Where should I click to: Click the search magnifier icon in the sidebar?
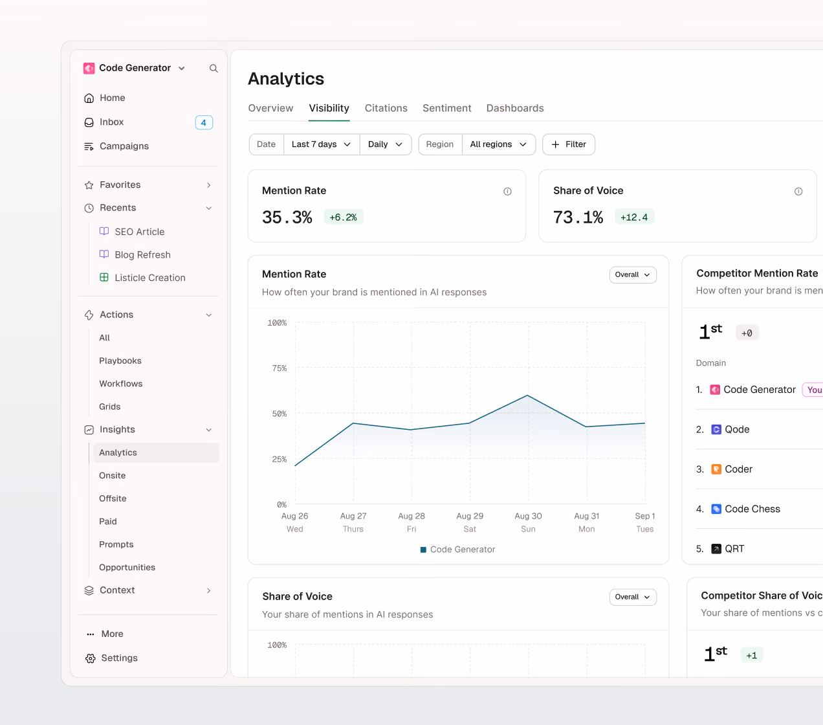pyautogui.click(x=214, y=68)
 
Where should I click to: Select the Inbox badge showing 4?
pyautogui.click(x=204, y=122)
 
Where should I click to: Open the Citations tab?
pyautogui.click(x=386, y=108)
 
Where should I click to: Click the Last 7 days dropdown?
pyautogui.click(x=321, y=144)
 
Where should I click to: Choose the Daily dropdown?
pyautogui.click(x=385, y=144)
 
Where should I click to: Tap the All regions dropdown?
pyautogui.click(x=498, y=144)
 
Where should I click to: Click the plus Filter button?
pyautogui.click(x=568, y=144)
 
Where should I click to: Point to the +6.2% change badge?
pyautogui.click(x=344, y=217)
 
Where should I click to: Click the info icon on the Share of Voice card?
pyautogui.click(x=798, y=192)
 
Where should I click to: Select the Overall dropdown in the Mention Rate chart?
pyautogui.click(x=633, y=274)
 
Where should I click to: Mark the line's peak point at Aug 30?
pyautogui.click(x=528, y=395)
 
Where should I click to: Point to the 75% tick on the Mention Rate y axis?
pyautogui.click(x=280, y=368)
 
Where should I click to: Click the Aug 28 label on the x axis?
pyautogui.click(x=411, y=516)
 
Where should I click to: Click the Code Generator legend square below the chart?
pyautogui.click(x=423, y=550)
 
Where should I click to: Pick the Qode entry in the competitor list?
pyautogui.click(x=737, y=430)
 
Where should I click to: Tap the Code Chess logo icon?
pyautogui.click(x=716, y=509)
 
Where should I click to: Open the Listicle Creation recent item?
pyautogui.click(x=150, y=278)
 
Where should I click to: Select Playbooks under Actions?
pyautogui.click(x=120, y=361)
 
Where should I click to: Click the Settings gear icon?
pyautogui.click(x=90, y=658)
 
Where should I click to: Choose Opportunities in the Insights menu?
pyautogui.click(x=127, y=567)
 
